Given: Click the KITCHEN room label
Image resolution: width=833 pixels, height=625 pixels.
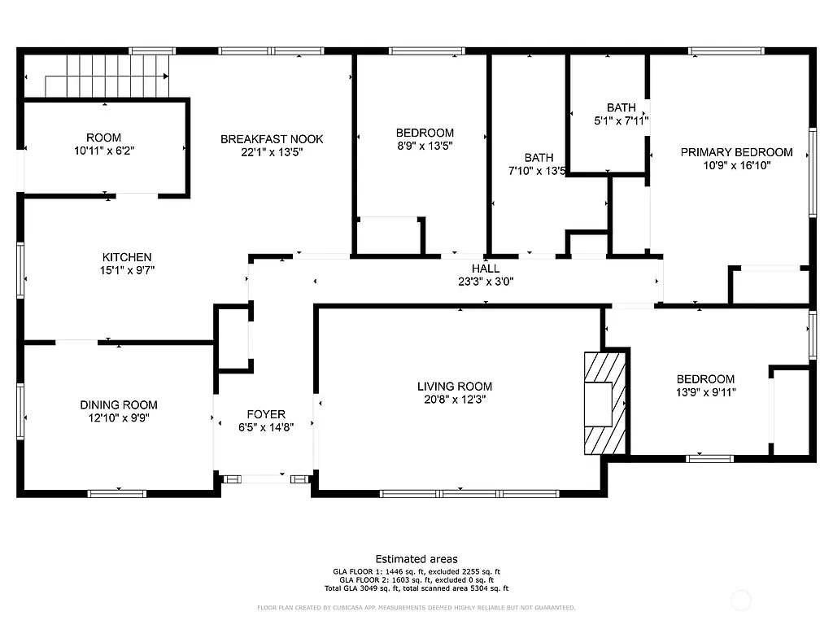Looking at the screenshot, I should click(x=127, y=257).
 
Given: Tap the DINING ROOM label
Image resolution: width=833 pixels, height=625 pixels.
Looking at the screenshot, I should click(x=119, y=404).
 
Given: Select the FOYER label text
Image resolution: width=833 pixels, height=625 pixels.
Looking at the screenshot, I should click(x=266, y=414).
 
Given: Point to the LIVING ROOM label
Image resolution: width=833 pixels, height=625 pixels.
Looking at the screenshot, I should click(x=455, y=387).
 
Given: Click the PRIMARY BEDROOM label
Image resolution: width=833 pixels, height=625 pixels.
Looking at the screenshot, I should click(x=736, y=152).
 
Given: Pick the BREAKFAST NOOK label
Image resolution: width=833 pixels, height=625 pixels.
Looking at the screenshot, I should click(x=272, y=139).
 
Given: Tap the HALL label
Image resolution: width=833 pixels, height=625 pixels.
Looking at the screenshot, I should click(x=486, y=269).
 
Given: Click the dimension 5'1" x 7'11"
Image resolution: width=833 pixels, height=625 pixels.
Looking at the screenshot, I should click(x=621, y=120).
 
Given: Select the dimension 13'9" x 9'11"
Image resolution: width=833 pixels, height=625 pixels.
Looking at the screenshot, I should click(x=705, y=392).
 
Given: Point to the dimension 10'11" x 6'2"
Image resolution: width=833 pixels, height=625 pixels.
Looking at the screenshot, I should click(x=104, y=151).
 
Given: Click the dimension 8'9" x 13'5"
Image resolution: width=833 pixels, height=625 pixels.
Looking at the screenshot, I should click(x=425, y=146).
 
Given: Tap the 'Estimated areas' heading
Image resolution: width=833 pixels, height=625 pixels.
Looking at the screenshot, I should click(x=416, y=559).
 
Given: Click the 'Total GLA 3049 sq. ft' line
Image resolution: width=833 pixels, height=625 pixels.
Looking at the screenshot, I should click(x=416, y=588).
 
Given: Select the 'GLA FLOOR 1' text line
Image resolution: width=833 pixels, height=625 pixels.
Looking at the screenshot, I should click(x=416, y=572).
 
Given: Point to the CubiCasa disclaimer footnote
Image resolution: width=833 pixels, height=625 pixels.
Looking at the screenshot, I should click(x=416, y=607).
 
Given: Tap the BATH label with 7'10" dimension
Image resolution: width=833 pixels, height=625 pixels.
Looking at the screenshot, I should click(x=539, y=158).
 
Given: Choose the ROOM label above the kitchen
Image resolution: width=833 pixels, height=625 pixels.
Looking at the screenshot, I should click(x=104, y=138).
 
